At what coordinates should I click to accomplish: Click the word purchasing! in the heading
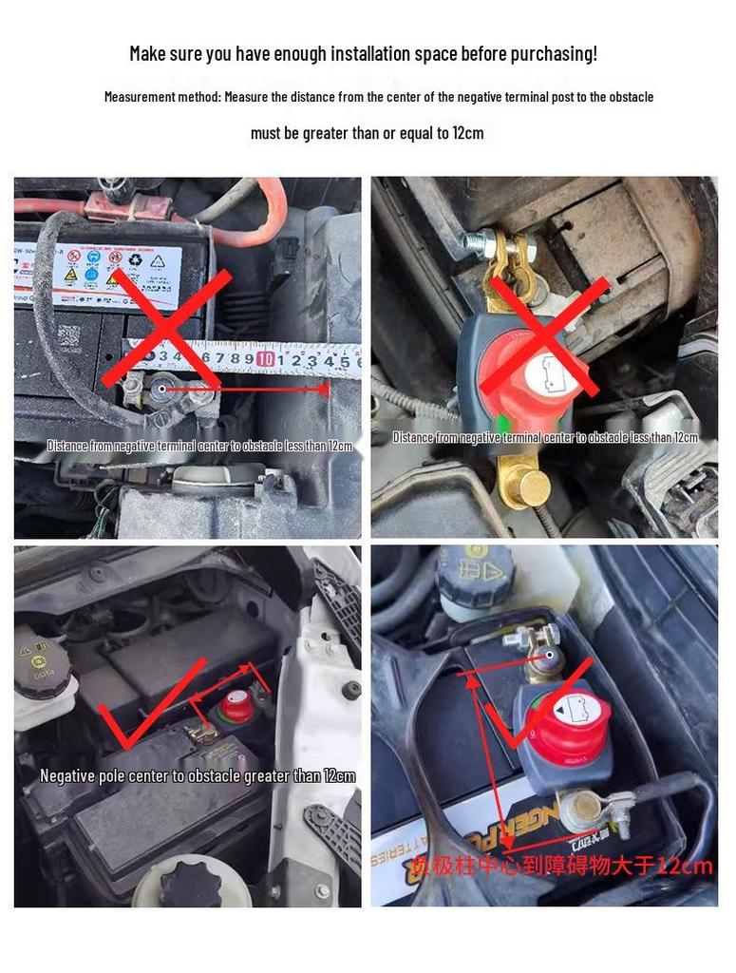tap(555, 53)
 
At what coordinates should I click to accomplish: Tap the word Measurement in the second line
tap(140, 97)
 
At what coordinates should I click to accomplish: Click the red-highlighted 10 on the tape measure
tap(266, 358)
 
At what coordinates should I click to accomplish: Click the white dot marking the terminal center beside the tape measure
tap(163, 388)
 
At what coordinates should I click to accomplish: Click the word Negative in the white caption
tap(67, 776)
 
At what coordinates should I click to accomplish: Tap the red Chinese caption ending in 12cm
tap(560, 866)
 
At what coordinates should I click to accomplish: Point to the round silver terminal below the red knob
tap(578, 811)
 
